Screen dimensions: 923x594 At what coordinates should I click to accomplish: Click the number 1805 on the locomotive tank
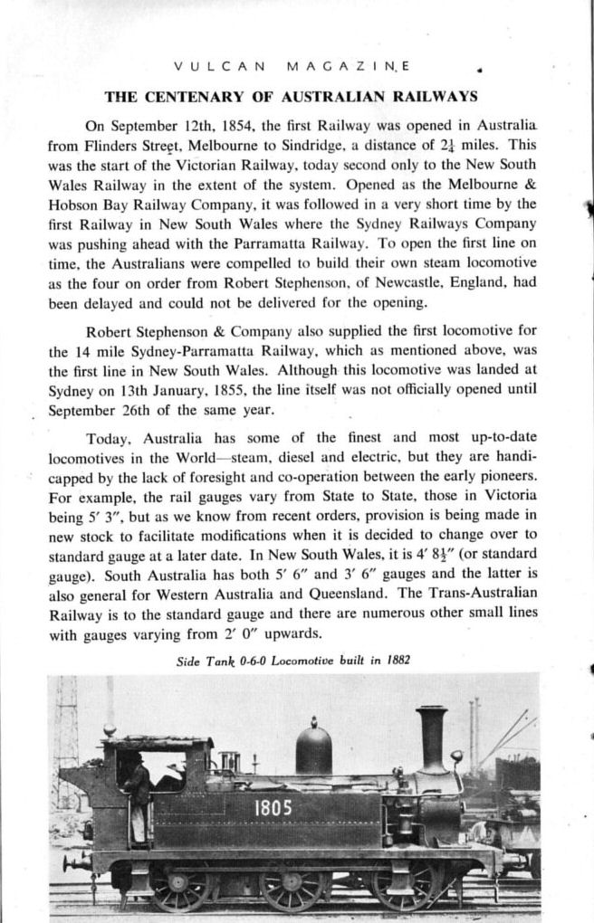[x=273, y=806]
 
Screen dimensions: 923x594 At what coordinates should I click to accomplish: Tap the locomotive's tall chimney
[x=432, y=737]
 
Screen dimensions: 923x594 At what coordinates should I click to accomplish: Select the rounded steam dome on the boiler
[x=313, y=748]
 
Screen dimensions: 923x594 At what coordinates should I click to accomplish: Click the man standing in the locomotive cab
[x=136, y=796]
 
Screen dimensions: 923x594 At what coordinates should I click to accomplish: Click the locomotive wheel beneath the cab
[x=177, y=885]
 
